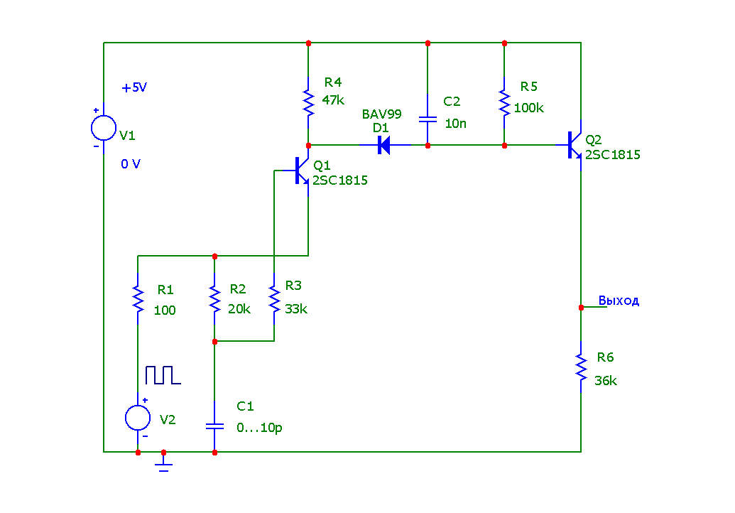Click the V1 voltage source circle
104,129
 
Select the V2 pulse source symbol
138,418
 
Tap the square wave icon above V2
163,375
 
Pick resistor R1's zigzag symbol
138,298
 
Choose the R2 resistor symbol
214,298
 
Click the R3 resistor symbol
274,298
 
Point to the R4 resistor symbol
308,102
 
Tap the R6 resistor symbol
581,368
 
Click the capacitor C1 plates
214,426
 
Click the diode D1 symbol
383,146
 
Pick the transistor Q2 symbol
575,146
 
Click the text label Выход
619,301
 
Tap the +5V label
134,88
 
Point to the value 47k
333,100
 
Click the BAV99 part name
382,114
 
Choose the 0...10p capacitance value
259,428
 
